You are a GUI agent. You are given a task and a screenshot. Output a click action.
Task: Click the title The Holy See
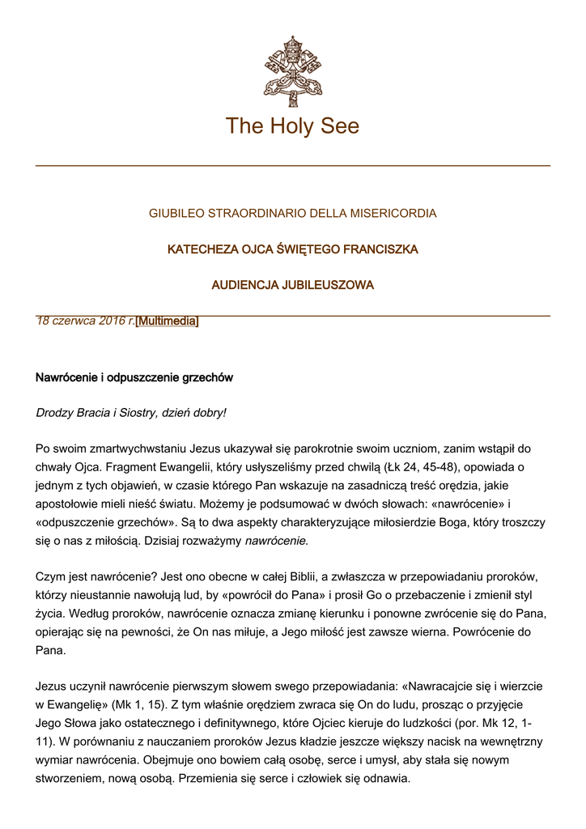292,126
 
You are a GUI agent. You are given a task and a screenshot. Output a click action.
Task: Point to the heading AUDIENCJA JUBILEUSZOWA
292,285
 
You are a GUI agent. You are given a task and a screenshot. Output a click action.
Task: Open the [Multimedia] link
167,321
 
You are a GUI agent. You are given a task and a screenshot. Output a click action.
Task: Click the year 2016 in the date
113,321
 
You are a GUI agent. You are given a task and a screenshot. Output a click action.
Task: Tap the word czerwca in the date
74,321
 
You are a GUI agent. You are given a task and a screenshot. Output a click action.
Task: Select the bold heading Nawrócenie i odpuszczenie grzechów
134,378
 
